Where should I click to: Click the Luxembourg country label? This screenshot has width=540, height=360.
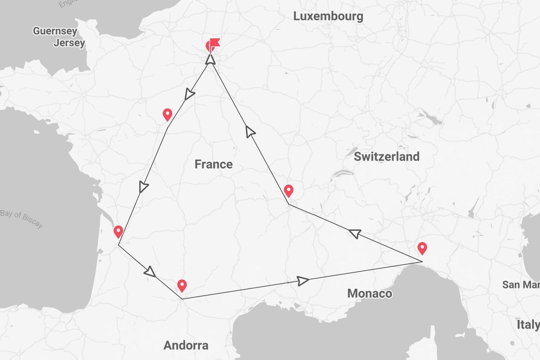(328, 16)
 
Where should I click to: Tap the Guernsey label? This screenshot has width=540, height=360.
(55, 31)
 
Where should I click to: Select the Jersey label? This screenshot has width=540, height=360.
(69, 43)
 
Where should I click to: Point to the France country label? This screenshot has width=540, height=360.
(213, 164)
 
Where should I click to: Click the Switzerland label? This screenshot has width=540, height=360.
(386, 157)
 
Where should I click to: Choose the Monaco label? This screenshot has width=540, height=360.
(370, 293)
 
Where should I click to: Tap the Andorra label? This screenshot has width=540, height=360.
(186, 346)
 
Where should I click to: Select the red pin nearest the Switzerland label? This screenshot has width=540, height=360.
(289, 191)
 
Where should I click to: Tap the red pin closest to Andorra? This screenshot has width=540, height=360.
(182, 286)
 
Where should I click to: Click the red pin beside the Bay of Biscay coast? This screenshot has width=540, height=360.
(119, 231)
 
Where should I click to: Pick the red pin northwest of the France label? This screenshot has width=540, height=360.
(167, 114)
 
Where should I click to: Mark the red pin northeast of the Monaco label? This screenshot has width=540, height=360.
(422, 248)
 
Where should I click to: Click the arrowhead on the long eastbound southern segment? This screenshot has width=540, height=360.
(303, 281)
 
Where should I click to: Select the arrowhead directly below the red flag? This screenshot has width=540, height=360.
(210, 59)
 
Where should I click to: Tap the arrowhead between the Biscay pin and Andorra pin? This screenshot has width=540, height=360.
(150, 272)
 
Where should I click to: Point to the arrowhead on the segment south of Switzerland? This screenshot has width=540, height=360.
(355, 233)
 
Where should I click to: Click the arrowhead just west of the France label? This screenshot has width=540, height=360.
(144, 187)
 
